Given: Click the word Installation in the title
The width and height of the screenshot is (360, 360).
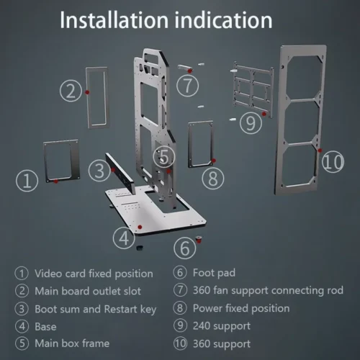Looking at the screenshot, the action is point(114,20).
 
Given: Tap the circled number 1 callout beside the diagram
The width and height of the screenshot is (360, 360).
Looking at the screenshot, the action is point(27,181).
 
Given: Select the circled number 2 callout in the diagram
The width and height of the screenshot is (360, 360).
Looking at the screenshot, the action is point(71,91).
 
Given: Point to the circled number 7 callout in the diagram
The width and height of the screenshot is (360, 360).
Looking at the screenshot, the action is point(187,86).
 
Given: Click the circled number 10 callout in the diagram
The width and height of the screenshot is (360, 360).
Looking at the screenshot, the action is point(333,161).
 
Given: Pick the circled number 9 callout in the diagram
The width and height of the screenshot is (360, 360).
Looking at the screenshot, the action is point(251,123).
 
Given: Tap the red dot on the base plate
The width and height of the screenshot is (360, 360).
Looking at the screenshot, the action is point(140,227).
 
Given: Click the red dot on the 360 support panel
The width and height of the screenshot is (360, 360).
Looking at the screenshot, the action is point(320,150).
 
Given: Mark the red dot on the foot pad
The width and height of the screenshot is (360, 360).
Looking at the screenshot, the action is point(199,240).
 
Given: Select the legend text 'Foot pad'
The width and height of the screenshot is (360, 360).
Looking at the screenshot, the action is point(214,273).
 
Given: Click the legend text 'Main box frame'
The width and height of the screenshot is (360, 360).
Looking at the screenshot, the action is point(72,343).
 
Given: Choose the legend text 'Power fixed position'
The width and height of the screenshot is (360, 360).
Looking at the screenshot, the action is point(241,308).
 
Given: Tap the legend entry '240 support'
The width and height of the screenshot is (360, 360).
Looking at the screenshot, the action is point(222,326).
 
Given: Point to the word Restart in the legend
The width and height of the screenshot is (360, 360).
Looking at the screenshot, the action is point(121,309).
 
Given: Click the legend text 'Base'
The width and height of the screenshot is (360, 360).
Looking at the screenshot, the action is point(45,327).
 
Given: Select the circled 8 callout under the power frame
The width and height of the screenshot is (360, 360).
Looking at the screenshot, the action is point(213,179).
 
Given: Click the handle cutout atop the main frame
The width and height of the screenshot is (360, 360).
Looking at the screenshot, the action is point(151,58).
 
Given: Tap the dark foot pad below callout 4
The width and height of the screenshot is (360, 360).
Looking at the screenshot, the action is point(138,248).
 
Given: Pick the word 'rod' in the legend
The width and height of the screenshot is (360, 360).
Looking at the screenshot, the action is point(336,290).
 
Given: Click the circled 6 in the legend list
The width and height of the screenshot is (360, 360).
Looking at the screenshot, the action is point(180,273).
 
